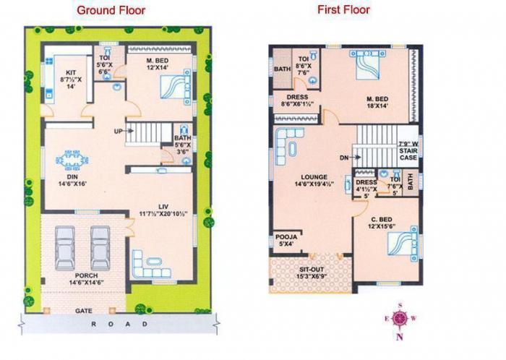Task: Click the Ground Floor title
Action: click(x=111, y=10)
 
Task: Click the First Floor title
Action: click(x=343, y=10)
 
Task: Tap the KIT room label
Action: click(x=71, y=73)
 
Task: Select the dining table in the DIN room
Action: click(x=72, y=158)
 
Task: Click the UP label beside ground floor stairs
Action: click(x=118, y=131)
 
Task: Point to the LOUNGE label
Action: click(x=314, y=176)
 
